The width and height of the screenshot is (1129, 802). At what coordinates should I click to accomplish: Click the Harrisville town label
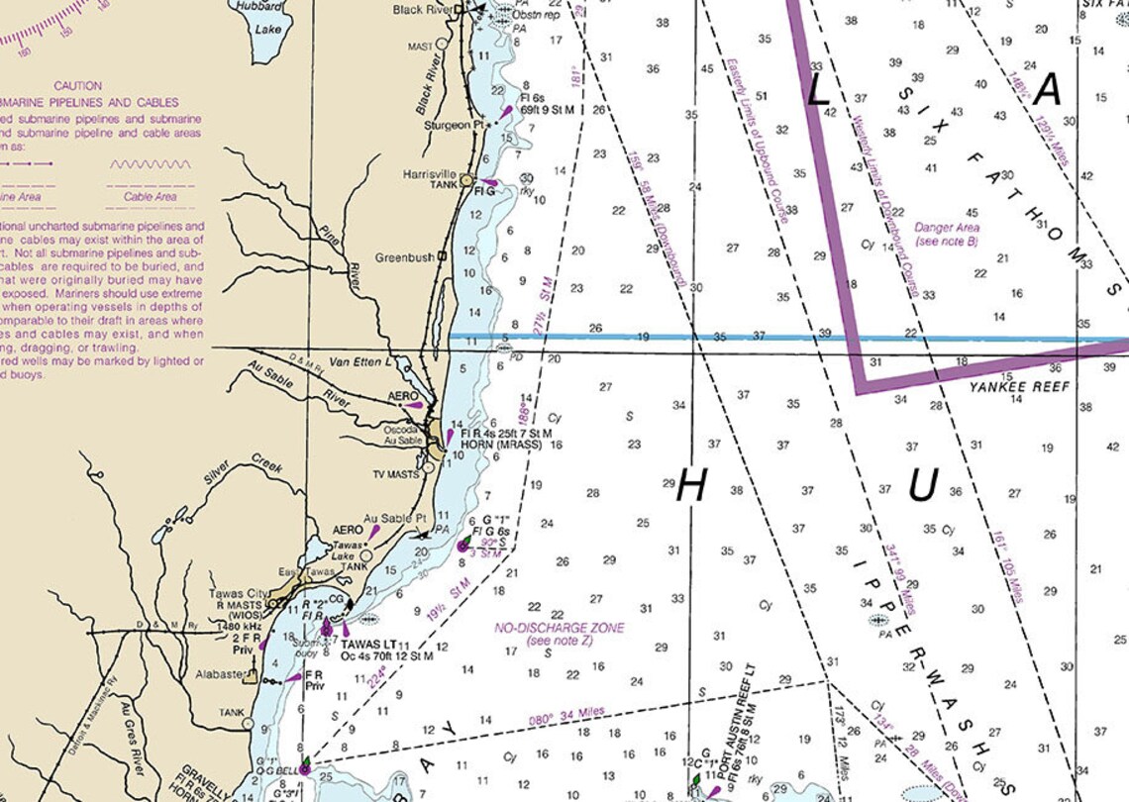[x=429, y=174]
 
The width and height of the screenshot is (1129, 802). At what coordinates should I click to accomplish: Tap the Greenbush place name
[x=404, y=257]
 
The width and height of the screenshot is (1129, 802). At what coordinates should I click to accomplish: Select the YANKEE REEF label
[x=1019, y=386]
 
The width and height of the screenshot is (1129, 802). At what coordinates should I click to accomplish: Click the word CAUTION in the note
[x=78, y=86]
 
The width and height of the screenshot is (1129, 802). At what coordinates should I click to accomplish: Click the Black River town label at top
[x=423, y=10]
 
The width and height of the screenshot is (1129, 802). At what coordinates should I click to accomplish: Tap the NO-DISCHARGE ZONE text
[x=560, y=628]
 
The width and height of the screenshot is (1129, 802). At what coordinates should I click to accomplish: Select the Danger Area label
[x=946, y=228]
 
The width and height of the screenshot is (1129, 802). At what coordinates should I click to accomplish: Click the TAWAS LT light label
[x=368, y=645]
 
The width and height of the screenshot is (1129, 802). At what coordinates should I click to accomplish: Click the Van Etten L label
[x=360, y=362]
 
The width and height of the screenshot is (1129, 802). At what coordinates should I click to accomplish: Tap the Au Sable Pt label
[x=394, y=518]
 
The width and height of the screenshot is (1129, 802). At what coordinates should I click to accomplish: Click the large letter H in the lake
[x=692, y=486]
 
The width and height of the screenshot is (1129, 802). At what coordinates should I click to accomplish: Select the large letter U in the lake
[x=922, y=486]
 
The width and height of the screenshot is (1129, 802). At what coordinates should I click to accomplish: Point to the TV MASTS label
[x=395, y=475]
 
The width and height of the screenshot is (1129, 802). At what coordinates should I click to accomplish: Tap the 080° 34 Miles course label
[x=566, y=717]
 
